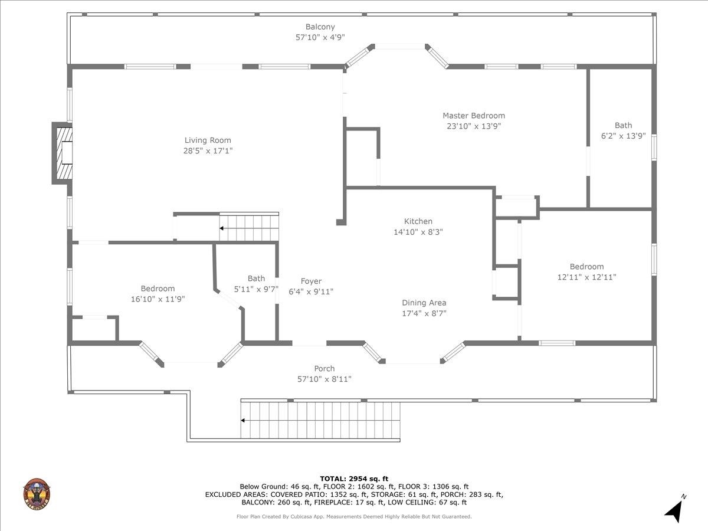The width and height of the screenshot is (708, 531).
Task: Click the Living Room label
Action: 208,140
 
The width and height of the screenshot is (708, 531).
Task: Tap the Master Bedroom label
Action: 474,116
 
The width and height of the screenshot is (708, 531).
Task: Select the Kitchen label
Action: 418,221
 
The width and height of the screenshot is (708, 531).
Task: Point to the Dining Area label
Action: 424,303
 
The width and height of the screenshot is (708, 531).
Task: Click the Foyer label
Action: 311,281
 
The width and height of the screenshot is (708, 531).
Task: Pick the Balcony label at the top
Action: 320,27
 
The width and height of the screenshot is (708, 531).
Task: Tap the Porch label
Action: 324,369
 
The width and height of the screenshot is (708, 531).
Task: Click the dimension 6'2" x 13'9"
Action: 623,135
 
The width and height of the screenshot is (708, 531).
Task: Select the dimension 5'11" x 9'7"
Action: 256,289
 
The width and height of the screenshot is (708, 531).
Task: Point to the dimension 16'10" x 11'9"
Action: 158,299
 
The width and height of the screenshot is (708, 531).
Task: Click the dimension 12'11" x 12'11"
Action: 586,277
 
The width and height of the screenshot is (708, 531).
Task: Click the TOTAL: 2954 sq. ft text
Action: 354,478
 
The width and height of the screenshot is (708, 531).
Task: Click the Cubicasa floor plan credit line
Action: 354,516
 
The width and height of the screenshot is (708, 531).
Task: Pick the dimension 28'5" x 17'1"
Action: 208,151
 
